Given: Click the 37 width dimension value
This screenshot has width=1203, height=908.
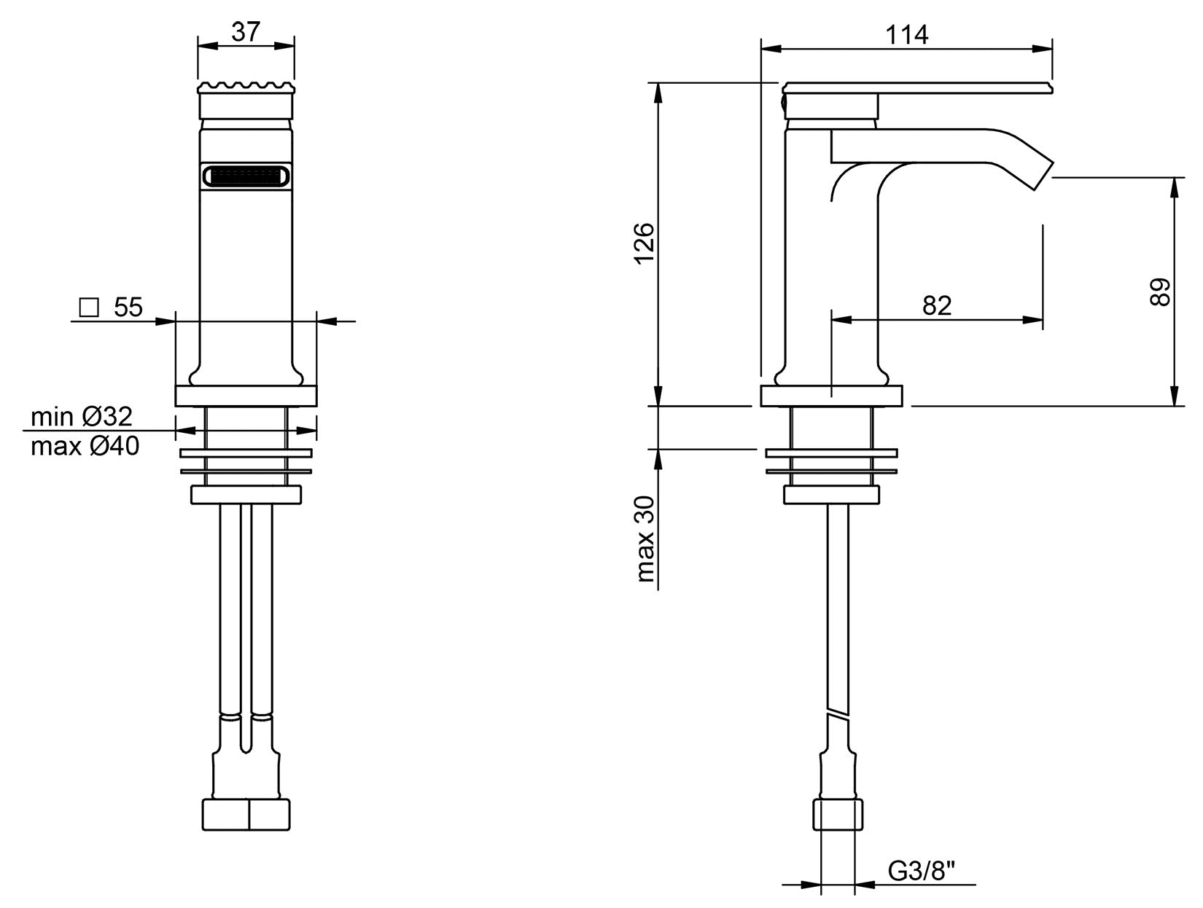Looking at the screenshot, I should (246, 32).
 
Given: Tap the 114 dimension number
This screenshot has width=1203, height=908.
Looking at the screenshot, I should (906, 34).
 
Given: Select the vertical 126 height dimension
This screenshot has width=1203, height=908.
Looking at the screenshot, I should (645, 244).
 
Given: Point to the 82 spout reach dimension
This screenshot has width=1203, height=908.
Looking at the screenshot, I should (937, 305).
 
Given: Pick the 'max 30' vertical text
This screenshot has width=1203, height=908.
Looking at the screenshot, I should (645, 539).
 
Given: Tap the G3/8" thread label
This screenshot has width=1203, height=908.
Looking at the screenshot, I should (922, 870).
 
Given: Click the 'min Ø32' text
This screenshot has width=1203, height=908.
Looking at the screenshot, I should (82, 417).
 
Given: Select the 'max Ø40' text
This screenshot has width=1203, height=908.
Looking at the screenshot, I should (85, 446).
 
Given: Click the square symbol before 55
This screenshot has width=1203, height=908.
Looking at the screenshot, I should (89, 308).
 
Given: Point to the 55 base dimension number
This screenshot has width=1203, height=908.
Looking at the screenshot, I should (128, 308).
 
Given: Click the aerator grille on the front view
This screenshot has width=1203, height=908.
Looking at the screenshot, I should (246, 176).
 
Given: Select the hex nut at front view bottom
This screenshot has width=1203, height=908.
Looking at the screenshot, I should (246, 814).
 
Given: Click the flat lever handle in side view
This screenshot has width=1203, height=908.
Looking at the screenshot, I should (919, 88).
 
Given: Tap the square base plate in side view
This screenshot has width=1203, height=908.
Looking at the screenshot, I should (831, 396).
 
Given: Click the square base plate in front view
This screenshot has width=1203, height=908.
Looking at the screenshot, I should (246, 396).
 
